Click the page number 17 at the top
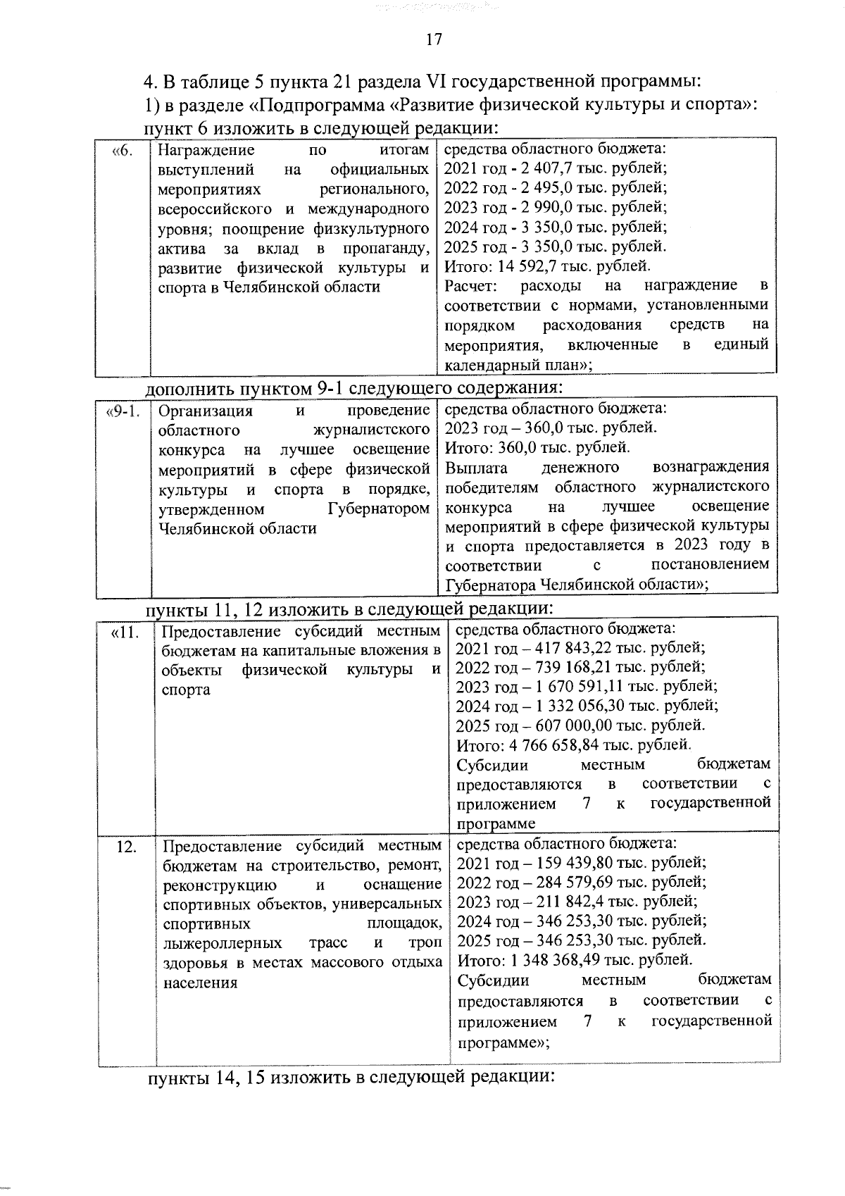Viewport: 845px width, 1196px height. [434, 39]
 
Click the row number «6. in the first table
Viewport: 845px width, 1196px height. [123, 150]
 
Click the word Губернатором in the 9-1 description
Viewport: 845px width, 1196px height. [378, 509]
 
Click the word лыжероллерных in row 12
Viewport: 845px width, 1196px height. [223, 943]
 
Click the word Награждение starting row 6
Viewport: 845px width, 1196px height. [206, 150]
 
